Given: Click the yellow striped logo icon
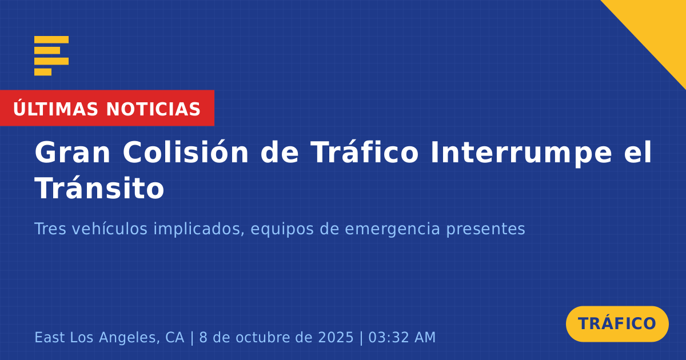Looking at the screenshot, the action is click(51, 56).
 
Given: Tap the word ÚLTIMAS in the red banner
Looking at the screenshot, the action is click(56, 109).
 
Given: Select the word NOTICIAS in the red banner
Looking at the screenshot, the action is click(153, 109).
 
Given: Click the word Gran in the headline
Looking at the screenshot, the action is click(72, 152).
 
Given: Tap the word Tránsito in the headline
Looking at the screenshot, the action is click(99, 187).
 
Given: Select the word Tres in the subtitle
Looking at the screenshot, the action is click(50, 229).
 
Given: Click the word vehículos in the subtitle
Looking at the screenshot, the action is click(110, 229).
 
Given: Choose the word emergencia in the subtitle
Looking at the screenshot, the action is click(392, 230).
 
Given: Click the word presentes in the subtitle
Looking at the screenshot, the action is click(485, 230).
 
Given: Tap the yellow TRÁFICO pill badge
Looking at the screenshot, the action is click(617, 323).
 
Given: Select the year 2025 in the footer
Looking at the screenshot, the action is click(336, 337).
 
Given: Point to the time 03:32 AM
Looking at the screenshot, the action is click(402, 337).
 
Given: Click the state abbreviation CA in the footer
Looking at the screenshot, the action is click(175, 337).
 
